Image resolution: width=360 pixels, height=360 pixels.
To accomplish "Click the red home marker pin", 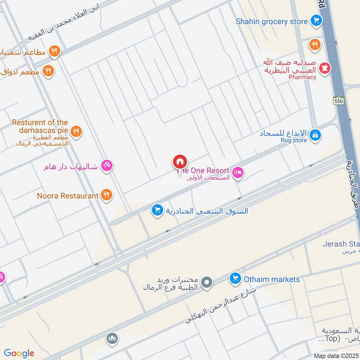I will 180,162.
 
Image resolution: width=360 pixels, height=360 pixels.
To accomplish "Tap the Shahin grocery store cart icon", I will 316,21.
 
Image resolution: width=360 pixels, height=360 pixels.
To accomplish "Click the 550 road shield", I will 339,102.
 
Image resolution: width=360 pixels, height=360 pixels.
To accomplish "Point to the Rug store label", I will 293,140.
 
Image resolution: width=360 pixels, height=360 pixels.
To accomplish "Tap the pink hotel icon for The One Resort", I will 238,171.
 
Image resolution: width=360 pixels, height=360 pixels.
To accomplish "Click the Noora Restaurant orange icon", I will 107,195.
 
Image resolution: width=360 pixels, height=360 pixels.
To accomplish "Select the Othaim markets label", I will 271,279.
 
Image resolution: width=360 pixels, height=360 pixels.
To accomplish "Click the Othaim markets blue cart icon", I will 234,279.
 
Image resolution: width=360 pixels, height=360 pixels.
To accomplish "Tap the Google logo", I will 19,353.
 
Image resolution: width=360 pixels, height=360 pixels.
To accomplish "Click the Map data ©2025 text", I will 335,355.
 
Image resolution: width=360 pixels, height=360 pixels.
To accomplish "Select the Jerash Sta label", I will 341,244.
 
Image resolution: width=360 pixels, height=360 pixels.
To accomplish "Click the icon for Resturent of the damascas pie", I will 76,131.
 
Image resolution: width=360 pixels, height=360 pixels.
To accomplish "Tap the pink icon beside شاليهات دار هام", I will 107,166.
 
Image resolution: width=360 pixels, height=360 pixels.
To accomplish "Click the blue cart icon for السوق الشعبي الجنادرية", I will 157,210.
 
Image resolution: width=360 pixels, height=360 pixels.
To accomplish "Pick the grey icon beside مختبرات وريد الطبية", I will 207,282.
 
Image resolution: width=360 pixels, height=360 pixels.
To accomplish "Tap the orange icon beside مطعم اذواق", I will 48,71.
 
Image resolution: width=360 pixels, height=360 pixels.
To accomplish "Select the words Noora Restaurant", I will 67,195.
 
